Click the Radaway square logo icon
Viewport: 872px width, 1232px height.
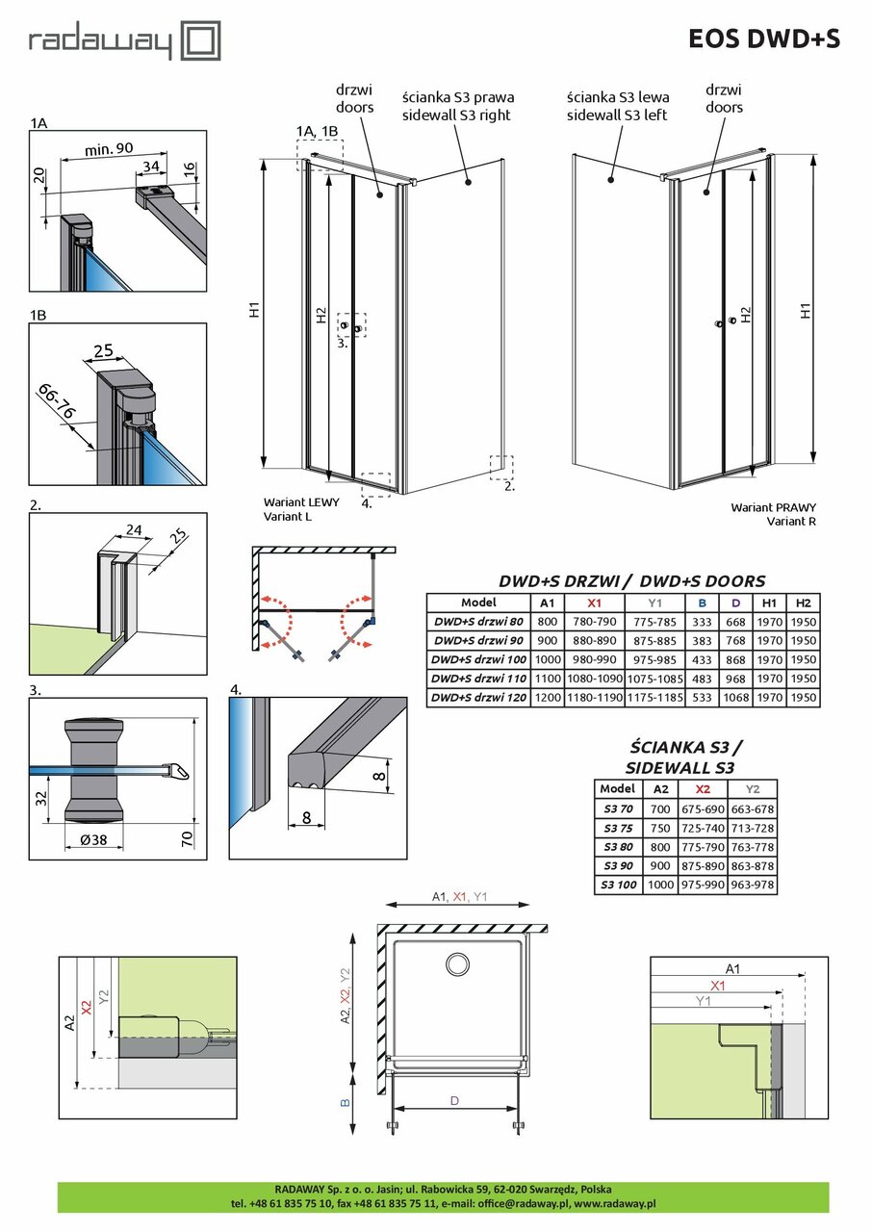(x=202, y=41)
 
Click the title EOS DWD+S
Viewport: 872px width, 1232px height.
(x=764, y=38)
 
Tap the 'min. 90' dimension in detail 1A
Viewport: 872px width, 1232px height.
(x=109, y=148)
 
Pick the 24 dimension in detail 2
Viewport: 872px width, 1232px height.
(x=133, y=529)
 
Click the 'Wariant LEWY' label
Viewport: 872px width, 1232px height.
(x=301, y=502)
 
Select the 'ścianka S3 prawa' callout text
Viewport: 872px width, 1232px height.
(x=457, y=97)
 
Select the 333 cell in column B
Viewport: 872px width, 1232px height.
(x=703, y=621)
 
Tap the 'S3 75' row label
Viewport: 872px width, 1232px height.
(x=618, y=828)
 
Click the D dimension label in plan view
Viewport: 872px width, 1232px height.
(x=453, y=1100)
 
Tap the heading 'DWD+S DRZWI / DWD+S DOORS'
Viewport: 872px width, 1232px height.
(x=631, y=580)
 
